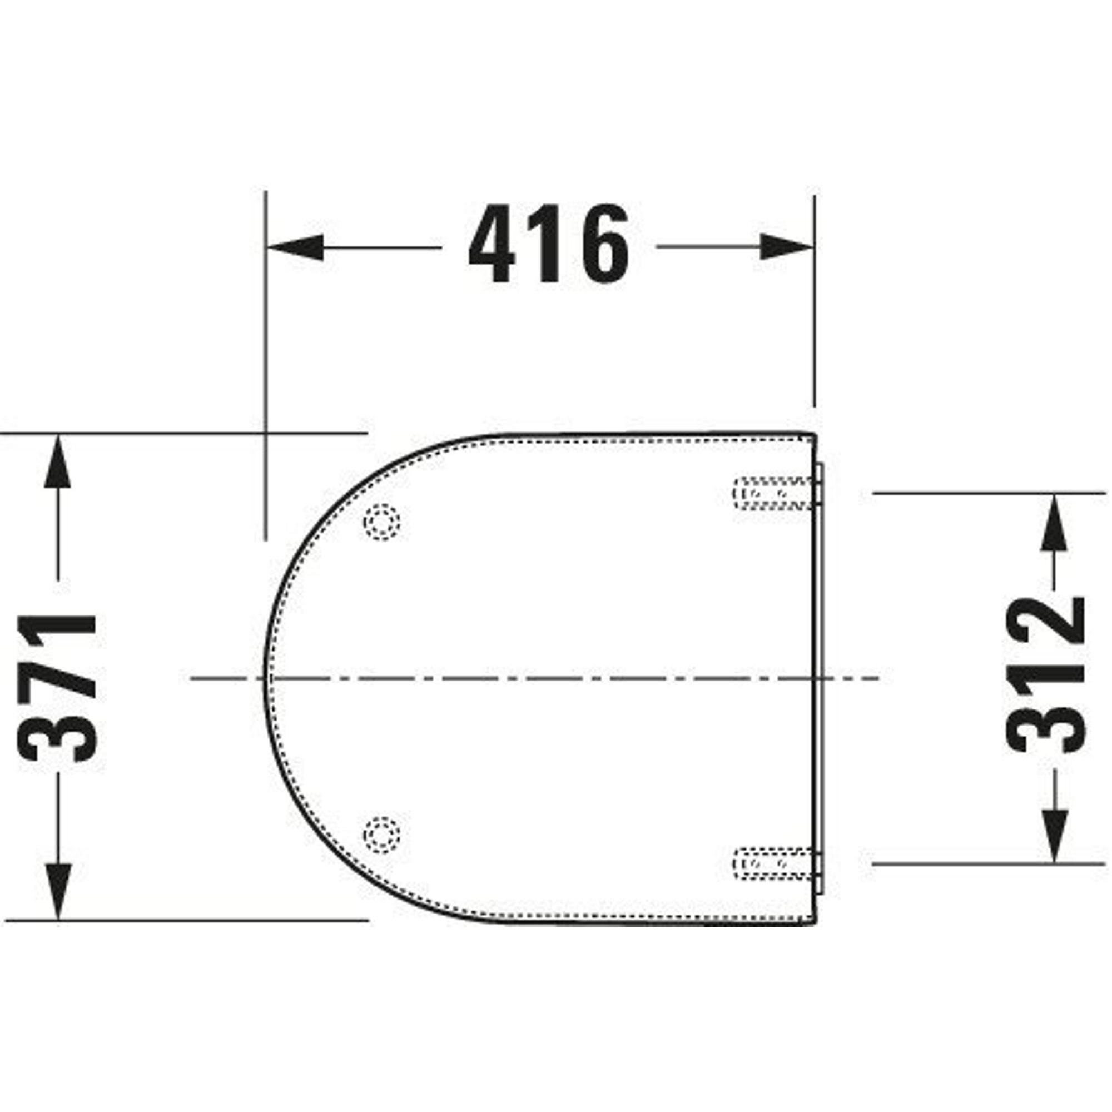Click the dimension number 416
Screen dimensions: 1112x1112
pos(549,244)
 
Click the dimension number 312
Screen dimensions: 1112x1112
pos(1046,674)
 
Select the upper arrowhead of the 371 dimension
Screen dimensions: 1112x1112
pos(58,462)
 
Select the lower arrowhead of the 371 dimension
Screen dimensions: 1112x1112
pos(58,891)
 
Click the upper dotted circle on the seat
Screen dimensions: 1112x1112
pos(382,522)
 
